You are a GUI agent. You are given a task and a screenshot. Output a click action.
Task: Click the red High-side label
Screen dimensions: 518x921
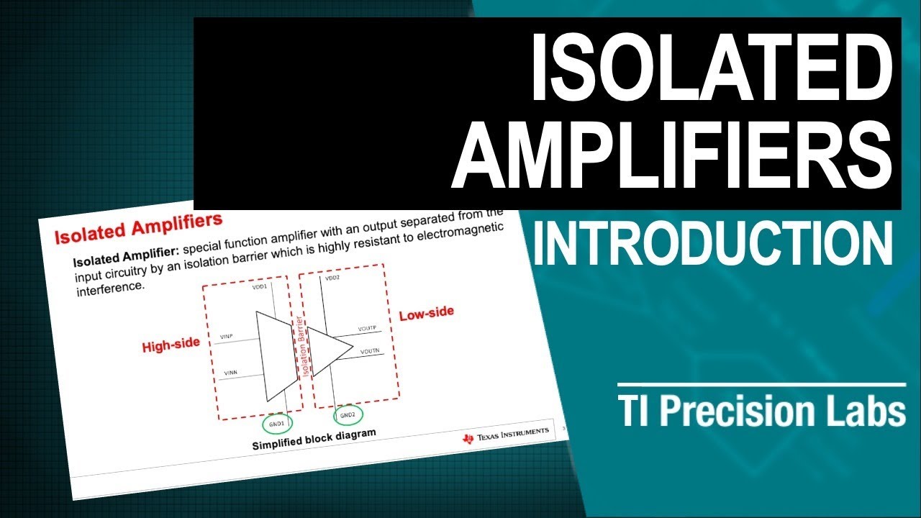(171, 345)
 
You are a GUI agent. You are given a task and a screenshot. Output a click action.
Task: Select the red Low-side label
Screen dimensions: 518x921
(427, 314)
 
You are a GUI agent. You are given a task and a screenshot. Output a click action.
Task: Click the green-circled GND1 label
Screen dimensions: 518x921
(277, 424)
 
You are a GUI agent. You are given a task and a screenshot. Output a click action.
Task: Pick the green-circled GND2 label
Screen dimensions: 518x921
(348, 415)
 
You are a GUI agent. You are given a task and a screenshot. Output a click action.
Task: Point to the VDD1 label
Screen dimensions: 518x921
(259, 287)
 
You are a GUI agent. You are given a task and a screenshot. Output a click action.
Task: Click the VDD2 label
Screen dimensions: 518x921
(332, 277)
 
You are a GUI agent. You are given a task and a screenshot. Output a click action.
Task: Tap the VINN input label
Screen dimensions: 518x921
(231, 373)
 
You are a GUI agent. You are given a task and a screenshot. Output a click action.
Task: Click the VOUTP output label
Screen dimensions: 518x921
(367, 329)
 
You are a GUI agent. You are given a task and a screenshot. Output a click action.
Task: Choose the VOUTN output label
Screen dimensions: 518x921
(369, 350)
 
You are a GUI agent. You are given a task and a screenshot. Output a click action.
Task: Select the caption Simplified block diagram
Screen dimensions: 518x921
(314, 439)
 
